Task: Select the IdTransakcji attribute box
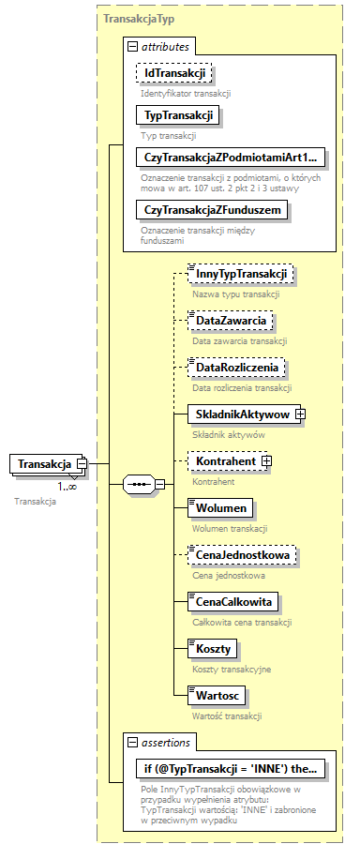click(173, 72)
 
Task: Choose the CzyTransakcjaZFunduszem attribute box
click(210, 210)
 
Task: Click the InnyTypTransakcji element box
click(241, 273)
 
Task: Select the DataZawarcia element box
click(230, 321)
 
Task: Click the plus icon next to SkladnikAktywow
click(302, 414)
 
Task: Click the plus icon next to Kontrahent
click(266, 460)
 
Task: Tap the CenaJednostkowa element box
click(242, 555)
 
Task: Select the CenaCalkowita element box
click(236, 601)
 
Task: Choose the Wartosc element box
click(216, 695)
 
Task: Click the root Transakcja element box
click(43, 463)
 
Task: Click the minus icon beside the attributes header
click(131, 45)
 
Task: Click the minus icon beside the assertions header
click(131, 742)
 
